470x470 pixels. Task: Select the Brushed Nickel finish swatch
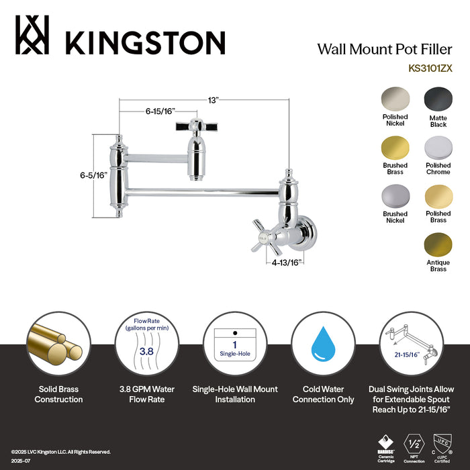(x=395, y=196)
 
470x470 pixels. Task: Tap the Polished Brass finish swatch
(x=438, y=196)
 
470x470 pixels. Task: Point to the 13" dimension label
(x=214, y=100)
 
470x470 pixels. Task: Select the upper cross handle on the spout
(x=195, y=126)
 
